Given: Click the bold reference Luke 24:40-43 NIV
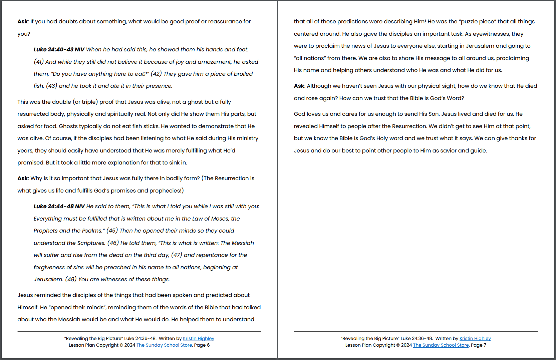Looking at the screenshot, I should [59, 50].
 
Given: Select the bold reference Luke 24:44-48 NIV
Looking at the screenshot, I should [59, 207].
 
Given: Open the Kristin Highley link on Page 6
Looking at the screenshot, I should [198, 338].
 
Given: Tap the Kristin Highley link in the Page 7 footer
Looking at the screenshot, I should [475, 338].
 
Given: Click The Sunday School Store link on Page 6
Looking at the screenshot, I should [164, 345].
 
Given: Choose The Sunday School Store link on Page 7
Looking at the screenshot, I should [441, 345].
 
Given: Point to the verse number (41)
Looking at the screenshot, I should [39, 62].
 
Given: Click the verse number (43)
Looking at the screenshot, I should [51, 86].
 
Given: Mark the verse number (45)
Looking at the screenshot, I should [112, 231].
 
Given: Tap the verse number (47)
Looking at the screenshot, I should [177, 255].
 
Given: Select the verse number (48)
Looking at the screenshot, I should [71, 280].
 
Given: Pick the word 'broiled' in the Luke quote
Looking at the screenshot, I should [242, 74].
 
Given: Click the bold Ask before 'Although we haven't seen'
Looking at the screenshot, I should [299, 86].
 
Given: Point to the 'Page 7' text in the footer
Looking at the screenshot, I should [478, 345].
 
